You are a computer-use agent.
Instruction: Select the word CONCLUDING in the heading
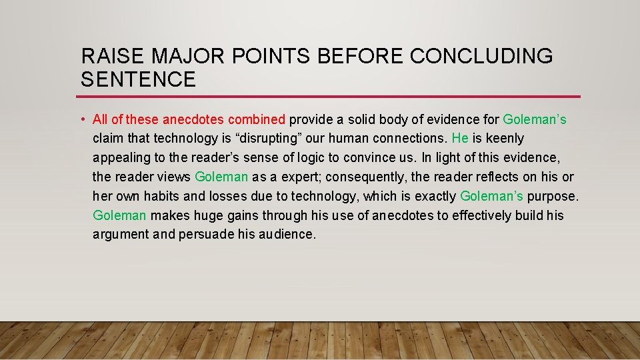coord(481,57)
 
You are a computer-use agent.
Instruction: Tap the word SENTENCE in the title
coord(138,80)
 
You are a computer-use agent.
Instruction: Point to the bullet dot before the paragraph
coord(81,120)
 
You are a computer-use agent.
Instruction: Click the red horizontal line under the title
coord(330,97)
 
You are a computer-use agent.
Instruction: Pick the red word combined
coord(257,119)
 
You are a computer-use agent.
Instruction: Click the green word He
coord(460,139)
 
